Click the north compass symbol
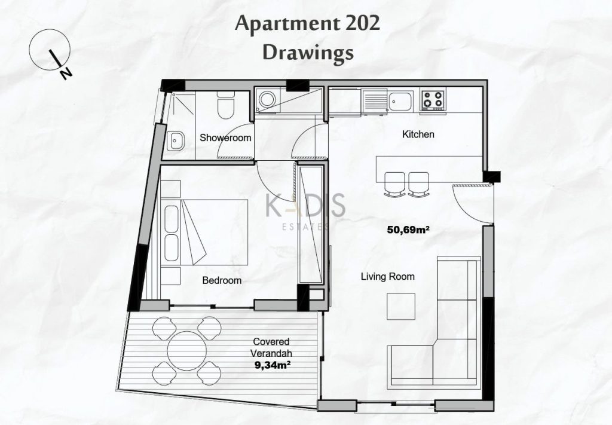tap(50, 51)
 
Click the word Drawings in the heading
tap(308, 53)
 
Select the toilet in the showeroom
tap(225, 105)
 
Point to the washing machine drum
tap(267, 99)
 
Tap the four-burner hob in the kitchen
tap(433, 99)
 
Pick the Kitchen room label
tap(418, 134)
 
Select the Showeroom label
tap(225, 137)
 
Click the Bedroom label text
tap(222, 280)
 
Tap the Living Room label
tap(387, 277)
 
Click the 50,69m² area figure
tap(408, 230)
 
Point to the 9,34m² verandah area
tap(274, 365)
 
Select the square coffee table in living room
tap(401, 307)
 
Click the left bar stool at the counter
tap(394, 184)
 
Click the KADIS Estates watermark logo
tap(305, 212)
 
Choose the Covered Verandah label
tap(272, 347)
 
